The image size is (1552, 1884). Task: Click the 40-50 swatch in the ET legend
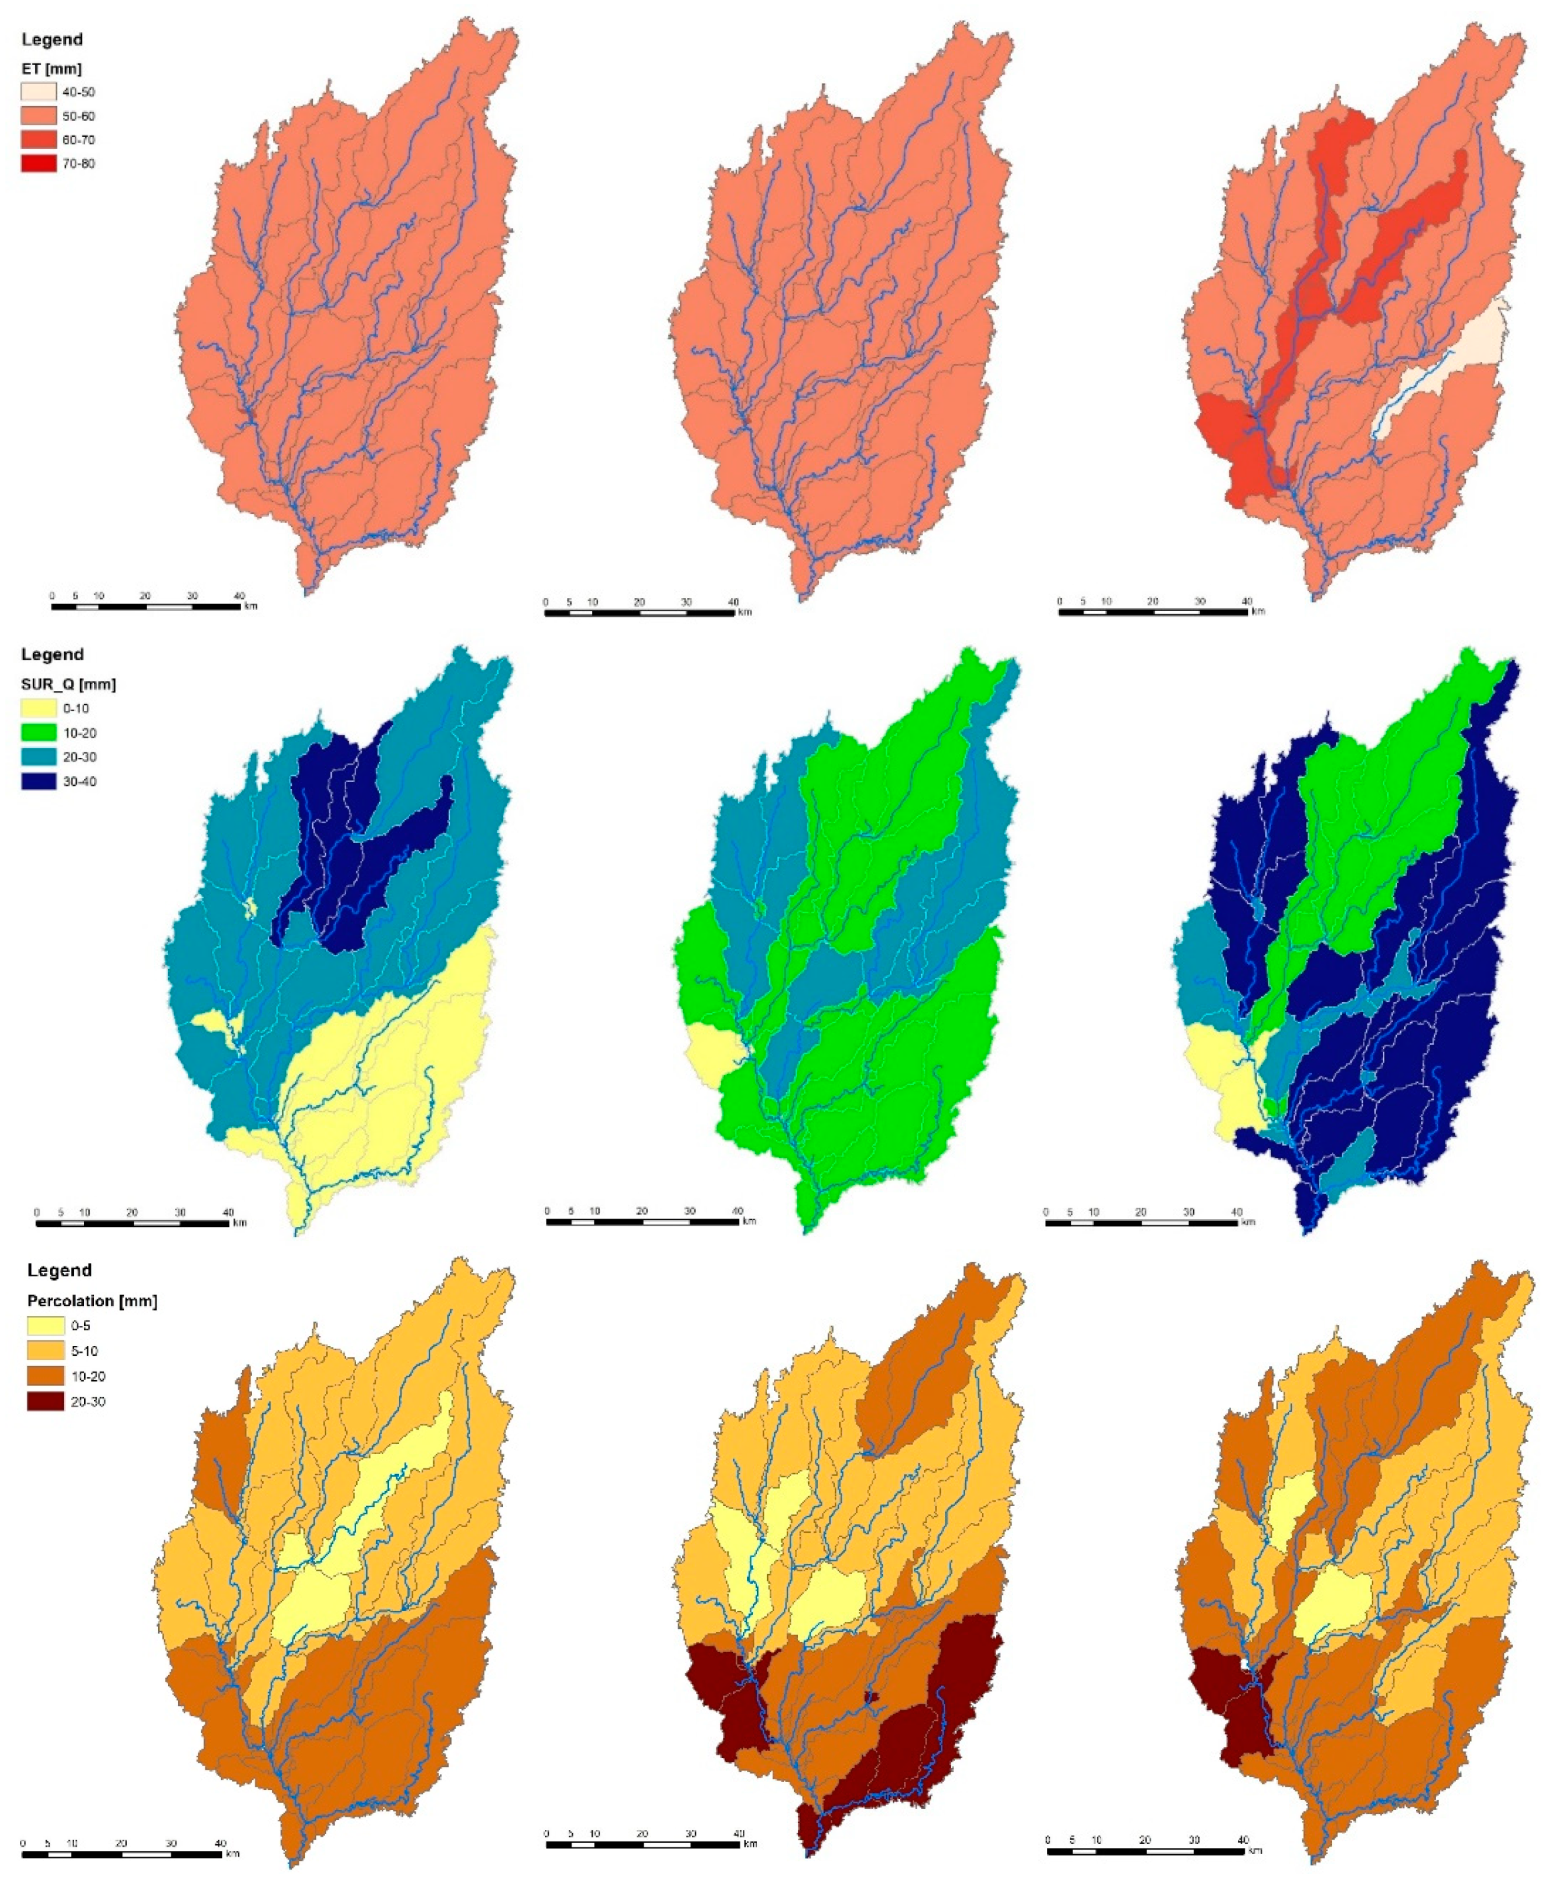39,92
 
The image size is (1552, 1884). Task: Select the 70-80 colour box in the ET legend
39,164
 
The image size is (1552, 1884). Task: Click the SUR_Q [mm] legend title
68,685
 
